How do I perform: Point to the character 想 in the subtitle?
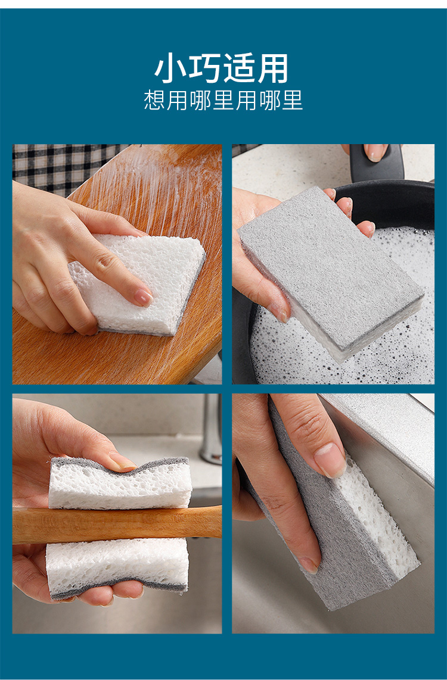point(154,100)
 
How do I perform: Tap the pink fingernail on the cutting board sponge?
point(143,298)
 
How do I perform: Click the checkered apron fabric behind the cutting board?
point(57,167)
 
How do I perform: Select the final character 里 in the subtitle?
point(293,100)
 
